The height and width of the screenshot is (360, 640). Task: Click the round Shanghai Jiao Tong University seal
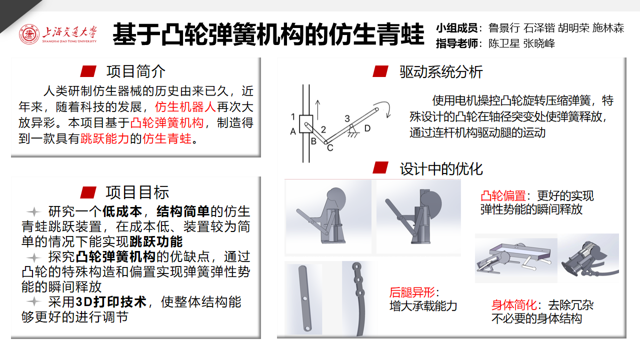[x=29, y=34]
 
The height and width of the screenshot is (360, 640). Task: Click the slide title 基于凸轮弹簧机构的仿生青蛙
[x=268, y=34]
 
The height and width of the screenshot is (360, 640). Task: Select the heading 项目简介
[x=135, y=71]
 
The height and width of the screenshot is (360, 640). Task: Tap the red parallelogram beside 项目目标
[x=88, y=192]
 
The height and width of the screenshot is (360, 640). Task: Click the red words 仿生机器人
[x=185, y=107]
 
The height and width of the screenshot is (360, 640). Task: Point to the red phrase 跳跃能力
[x=105, y=138]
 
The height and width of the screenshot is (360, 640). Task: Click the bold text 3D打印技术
[x=111, y=301]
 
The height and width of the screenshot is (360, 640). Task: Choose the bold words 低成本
[x=122, y=211]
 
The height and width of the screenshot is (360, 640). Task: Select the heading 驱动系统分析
[x=441, y=71]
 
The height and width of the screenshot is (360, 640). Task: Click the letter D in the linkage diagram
[x=367, y=128]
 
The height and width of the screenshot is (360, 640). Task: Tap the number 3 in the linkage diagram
[x=347, y=118]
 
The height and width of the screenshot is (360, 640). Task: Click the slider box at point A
[x=306, y=124]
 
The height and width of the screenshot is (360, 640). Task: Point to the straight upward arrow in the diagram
[x=317, y=110]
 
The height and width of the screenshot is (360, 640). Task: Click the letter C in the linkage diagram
[x=330, y=147]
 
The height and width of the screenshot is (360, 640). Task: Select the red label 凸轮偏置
[x=503, y=196]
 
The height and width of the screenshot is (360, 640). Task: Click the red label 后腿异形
[x=412, y=292]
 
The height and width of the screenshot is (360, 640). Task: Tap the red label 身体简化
[x=514, y=305]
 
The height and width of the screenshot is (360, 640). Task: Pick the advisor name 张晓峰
[x=539, y=43]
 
